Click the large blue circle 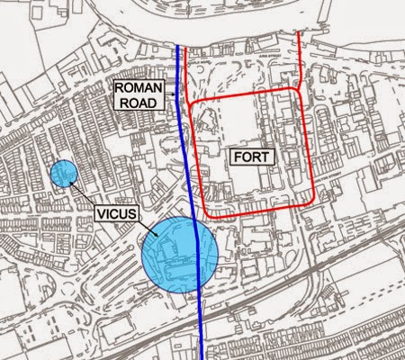tap(179, 255)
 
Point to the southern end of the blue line tap(202, 357)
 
